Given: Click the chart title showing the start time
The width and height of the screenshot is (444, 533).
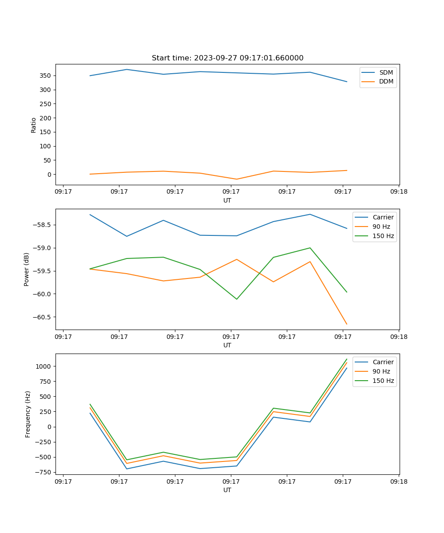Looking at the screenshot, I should (227, 58).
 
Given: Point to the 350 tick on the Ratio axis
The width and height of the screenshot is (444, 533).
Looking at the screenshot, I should (46, 76).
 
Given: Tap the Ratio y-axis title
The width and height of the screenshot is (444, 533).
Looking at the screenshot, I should (34, 125).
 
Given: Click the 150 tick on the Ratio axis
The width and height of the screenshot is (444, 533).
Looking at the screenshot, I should (46, 132).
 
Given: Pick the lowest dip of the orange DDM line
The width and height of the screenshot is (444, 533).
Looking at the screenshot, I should (236, 179).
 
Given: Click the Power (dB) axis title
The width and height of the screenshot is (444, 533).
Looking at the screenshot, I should (27, 269).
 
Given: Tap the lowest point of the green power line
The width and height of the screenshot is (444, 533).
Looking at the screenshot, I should (236, 299).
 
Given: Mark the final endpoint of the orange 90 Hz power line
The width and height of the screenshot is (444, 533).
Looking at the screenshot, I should (347, 324).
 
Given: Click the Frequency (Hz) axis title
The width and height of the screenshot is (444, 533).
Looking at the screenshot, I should (28, 414).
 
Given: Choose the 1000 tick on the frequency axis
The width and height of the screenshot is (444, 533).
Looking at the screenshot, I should (44, 366).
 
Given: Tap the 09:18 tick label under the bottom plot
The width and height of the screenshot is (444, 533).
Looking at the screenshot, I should (398, 481).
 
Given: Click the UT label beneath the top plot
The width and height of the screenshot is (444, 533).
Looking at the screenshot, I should (227, 200).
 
